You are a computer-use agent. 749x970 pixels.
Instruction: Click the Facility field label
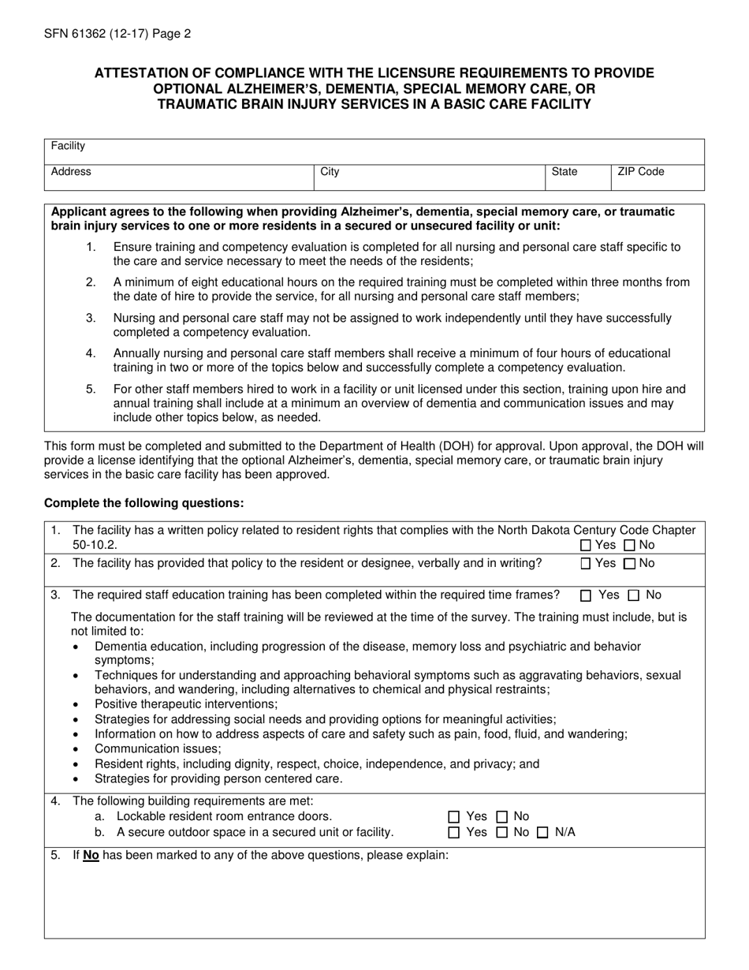click(x=68, y=146)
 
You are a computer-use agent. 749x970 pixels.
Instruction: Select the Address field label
click(x=71, y=171)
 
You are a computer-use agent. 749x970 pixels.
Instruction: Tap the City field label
click(x=330, y=171)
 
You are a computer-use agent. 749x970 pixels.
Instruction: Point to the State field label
click(x=565, y=171)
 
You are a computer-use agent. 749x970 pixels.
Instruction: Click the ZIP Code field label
click(x=640, y=171)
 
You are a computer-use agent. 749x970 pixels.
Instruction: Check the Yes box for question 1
click(x=586, y=545)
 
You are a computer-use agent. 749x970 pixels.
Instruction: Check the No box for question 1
click(x=629, y=545)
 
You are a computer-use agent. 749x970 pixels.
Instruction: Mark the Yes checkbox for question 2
click(x=586, y=563)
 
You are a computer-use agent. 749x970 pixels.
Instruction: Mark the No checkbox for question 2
click(x=629, y=563)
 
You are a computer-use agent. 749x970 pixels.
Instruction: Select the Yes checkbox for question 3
click(x=586, y=595)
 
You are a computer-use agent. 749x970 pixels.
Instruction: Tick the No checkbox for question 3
click(x=633, y=595)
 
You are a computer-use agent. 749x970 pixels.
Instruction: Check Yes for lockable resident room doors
click(x=453, y=817)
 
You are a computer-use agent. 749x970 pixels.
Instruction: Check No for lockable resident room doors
click(x=501, y=817)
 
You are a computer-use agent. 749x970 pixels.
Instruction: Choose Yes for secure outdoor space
click(x=453, y=833)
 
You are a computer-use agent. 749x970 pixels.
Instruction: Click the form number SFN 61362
click(x=79, y=34)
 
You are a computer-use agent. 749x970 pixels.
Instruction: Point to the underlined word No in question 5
click(x=91, y=855)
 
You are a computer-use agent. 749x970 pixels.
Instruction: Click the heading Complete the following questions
click(x=144, y=503)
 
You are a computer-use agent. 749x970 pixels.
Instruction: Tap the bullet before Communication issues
click(x=76, y=750)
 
